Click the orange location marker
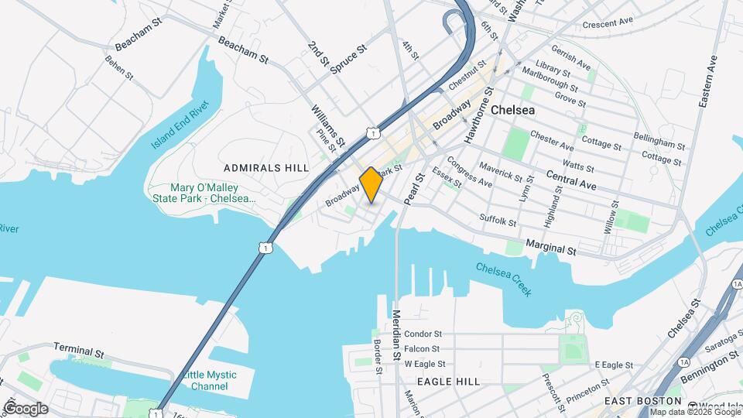(371, 184)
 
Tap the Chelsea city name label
(535, 111)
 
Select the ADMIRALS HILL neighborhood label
(265, 167)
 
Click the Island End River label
(180, 124)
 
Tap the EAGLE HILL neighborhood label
(448, 382)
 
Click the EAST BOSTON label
(642, 401)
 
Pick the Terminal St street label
(79, 351)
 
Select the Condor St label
(423, 334)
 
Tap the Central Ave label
(570, 181)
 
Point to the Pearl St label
(419, 187)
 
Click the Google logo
(26, 408)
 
